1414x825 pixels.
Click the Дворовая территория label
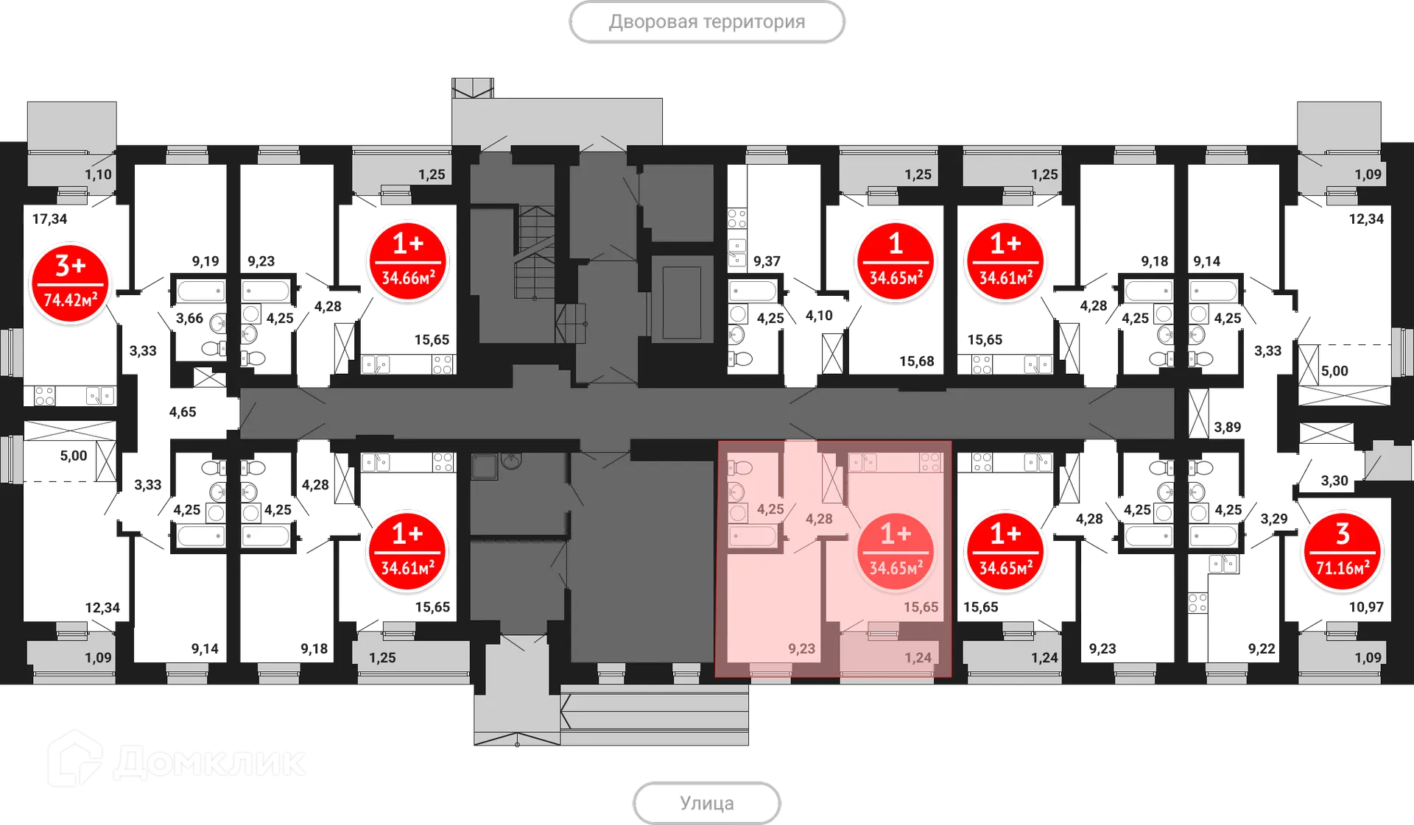click(x=706, y=22)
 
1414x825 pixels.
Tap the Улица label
click(x=706, y=803)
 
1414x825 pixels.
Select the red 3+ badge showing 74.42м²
click(x=71, y=283)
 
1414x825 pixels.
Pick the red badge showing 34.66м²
click(x=408, y=261)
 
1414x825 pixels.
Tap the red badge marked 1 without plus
click(x=896, y=261)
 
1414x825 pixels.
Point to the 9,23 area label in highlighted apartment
click(x=801, y=648)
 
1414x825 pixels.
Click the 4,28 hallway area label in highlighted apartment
click(x=819, y=519)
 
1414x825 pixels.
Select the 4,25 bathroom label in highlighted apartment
click(x=770, y=509)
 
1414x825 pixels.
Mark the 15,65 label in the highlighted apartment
click(x=921, y=607)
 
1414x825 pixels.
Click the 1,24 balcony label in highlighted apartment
click(x=918, y=658)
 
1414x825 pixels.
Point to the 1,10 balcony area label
click(x=98, y=174)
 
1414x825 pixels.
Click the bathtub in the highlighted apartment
click(x=753, y=536)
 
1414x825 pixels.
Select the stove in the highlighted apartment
click(x=930, y=462)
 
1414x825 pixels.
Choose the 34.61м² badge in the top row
click(x=1005, y=261)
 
